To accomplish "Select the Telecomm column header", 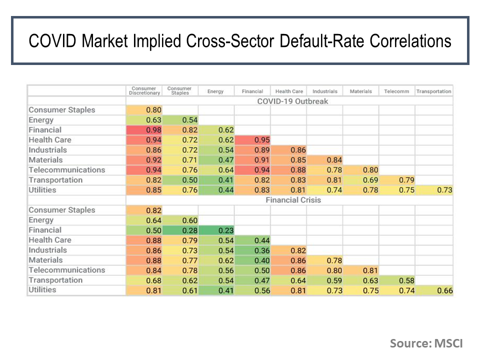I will [396, 91].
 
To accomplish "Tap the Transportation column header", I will [433, 91].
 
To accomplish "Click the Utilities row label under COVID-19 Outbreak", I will [42, 190].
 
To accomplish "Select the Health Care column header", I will [289, 91].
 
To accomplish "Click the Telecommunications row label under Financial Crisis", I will [67, 270].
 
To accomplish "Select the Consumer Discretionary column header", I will [144, 91].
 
